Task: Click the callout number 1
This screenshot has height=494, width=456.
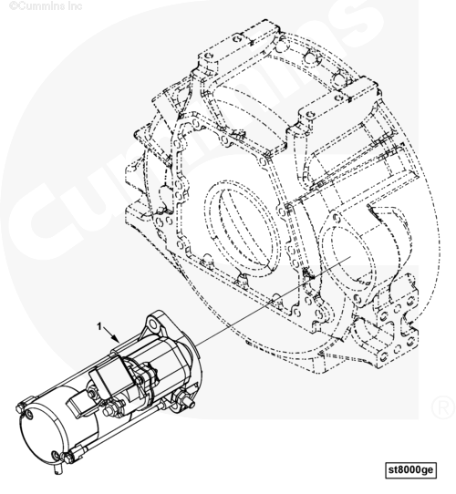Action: (99, 326)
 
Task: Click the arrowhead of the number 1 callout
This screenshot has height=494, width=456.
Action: (117, 339)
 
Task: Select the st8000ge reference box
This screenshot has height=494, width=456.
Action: (410, 470)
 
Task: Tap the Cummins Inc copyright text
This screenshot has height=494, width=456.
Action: (46, 5)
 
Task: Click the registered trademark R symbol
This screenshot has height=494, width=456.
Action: (443, 407)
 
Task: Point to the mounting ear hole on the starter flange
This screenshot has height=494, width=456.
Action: (153, 324)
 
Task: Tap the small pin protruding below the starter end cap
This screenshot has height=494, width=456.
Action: (57, 468)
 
